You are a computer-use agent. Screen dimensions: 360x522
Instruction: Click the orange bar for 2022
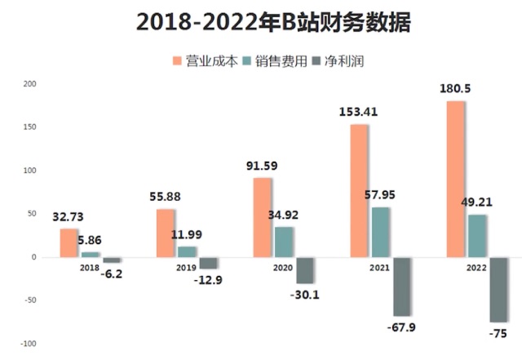(x=455, y=179)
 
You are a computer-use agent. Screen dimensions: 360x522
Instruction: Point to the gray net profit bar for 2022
(x=498, y=289)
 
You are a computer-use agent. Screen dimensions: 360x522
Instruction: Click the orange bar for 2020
(x=263, y=217)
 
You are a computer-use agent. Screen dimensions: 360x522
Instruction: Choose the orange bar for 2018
(x=69, y=242)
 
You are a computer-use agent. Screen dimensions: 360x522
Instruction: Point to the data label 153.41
(x=360, y=112)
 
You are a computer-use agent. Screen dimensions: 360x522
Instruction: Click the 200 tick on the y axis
(x=30, y=83)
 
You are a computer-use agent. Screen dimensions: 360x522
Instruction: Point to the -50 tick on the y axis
(x=30, y=300)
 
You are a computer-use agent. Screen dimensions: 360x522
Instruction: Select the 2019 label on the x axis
(x=187, y=267)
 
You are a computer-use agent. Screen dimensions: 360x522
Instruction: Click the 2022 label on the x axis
(x=477, y=267)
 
